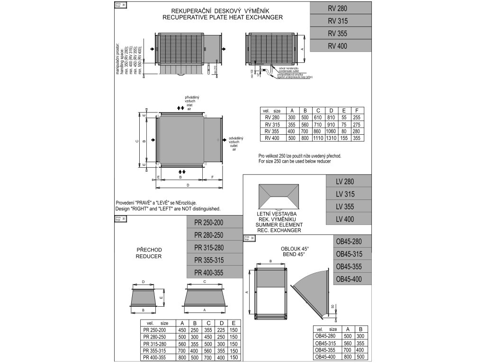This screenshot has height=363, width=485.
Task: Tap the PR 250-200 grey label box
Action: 212,223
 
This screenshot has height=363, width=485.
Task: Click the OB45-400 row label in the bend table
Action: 326,356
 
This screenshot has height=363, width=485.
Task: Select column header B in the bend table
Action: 361,329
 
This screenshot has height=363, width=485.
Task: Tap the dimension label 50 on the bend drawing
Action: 332,307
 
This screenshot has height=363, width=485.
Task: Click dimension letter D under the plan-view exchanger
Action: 188,185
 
